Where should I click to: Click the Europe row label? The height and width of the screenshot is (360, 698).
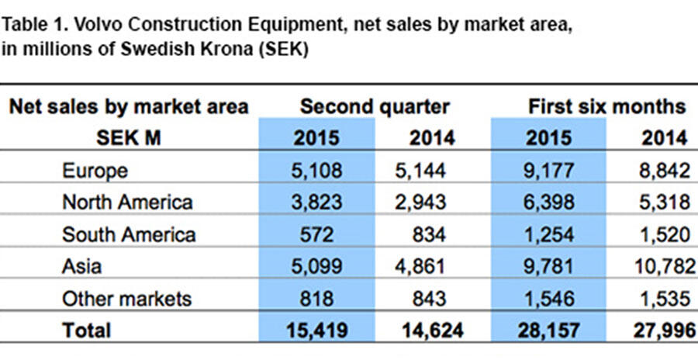95,170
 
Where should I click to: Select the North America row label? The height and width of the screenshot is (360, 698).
127,202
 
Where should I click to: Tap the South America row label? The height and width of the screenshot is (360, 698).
129,234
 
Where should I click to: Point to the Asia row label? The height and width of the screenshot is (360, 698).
81,266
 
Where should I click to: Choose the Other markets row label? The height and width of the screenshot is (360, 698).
126,298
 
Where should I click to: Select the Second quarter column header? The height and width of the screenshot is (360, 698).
375,106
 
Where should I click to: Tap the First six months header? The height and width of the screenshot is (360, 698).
607,106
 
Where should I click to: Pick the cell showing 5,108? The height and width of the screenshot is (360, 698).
316,170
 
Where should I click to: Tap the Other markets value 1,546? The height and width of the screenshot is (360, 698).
549,298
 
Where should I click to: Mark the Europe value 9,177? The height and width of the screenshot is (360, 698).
549,170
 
